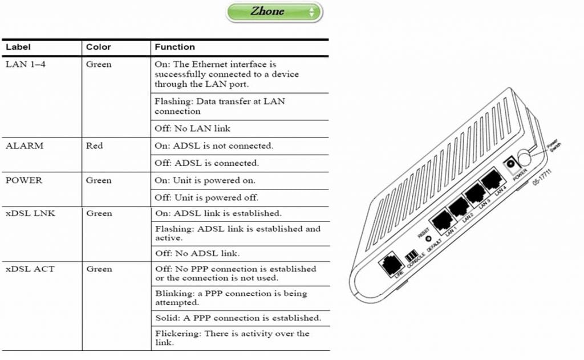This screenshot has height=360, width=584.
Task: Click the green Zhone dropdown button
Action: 274,12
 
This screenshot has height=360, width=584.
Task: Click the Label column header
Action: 18,47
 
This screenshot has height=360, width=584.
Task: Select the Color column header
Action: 98,47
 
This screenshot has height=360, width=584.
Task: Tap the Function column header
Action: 175,47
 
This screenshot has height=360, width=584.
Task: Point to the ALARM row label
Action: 25,145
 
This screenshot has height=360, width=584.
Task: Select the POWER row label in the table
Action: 24,180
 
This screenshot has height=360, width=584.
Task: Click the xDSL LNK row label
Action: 30,213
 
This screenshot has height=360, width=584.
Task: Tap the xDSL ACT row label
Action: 30,269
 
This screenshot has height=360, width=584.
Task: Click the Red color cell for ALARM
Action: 95,145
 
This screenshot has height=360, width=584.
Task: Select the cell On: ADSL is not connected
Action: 214,146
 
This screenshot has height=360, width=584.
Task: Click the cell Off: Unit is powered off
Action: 206,198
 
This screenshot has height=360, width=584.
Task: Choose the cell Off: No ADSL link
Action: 197,253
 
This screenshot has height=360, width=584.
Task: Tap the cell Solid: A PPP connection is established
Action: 238,318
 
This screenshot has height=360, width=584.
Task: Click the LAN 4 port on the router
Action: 490,181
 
